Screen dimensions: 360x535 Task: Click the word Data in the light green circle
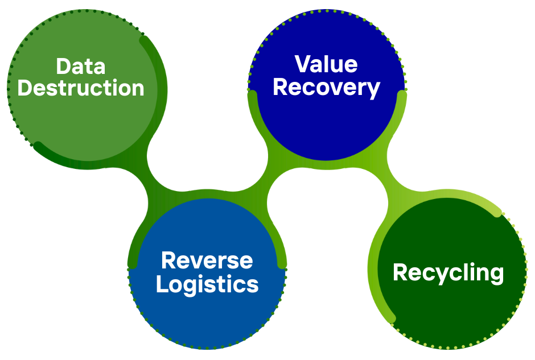pyautogui.click(x=81, y=66)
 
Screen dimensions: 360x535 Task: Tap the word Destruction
pyautogui.click(x=81, y=88)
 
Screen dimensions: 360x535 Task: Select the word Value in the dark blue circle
pyautogui.click(x=326, y=64)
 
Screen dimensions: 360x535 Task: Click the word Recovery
pyautogui.click(x=327, y=88)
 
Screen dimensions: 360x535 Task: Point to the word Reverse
pyautogui.click(x=207, y=260)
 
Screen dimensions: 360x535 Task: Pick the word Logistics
pyautogui.click(x=207, y=284)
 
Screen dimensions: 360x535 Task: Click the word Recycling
pyautogui.click(x=448, y=272)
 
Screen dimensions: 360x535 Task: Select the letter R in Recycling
pyautogui.click(x=400, y=272)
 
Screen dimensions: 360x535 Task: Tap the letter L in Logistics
pyautogui.click(x=162, y=284)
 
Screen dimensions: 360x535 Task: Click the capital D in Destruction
pyautogui.click(x=26, y=88)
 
